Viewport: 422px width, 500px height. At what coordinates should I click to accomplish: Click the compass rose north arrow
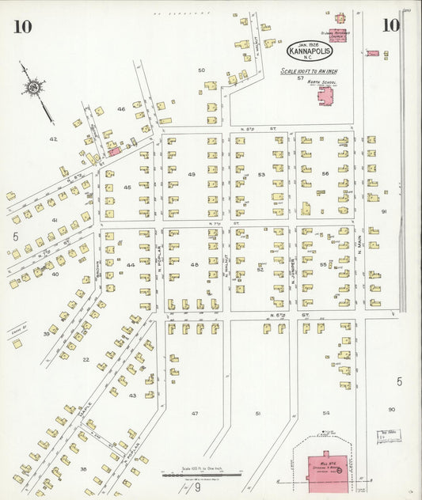click(x=34, y=87)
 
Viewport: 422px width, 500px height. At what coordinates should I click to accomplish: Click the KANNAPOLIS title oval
click(x=309, y=50)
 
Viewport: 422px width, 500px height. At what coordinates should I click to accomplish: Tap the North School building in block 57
click(x=325, y=97)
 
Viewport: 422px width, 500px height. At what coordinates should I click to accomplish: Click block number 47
click(x=194, y=413)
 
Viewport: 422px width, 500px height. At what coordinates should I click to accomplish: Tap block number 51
click(x=258, y=413)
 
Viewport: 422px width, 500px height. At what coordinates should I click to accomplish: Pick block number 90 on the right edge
click(x=391, y=408)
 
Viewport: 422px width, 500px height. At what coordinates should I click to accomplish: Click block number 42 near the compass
click(x=53, y=138)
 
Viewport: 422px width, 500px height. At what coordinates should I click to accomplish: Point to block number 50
click(x=201, y=70)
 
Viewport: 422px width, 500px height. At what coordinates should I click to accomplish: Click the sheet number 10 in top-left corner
click(x=22, y=26)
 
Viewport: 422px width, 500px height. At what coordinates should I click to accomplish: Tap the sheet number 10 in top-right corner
click(x=390, y=25)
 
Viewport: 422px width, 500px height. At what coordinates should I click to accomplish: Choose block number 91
click(x=384, y=212)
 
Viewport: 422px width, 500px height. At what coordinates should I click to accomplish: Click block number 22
click(x=85, y=359)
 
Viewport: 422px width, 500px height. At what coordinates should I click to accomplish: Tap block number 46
click(x=121, y=108)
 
